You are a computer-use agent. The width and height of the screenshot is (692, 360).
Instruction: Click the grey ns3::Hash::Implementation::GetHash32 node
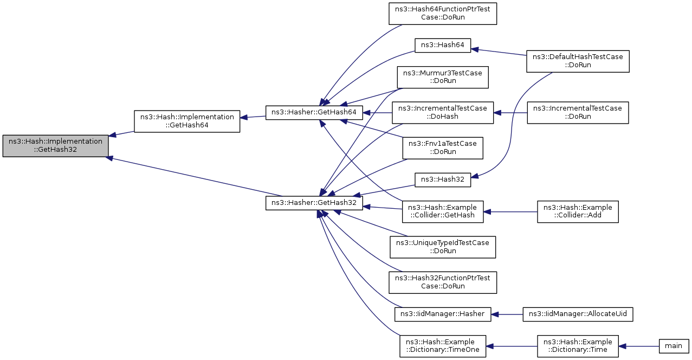click(56, 145)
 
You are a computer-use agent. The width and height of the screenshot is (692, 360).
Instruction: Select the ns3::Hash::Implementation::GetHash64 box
click(187, 121)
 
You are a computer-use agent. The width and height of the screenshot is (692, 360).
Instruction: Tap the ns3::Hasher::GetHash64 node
click(314, 112)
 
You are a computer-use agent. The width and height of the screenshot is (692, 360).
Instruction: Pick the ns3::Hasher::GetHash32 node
click(314, 203)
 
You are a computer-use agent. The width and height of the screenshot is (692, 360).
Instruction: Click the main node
click(674, 346)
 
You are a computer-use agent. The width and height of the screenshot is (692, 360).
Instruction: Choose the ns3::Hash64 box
click(442, 46)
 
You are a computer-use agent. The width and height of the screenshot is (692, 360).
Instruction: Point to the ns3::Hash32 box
click(442, 180)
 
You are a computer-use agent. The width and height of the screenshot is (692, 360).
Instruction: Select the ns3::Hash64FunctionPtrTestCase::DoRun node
click(443, 14)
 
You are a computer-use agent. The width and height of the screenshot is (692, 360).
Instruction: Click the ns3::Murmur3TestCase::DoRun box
click(443, 77)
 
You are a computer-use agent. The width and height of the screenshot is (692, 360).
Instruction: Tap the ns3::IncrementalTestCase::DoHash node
click(443, 113)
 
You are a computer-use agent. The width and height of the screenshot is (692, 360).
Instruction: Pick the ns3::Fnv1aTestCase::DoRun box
click(443, 148)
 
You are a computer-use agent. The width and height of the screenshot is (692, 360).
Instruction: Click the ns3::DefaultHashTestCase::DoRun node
click(578, 61)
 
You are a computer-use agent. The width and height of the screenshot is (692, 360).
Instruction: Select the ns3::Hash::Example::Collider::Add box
click(578, 211)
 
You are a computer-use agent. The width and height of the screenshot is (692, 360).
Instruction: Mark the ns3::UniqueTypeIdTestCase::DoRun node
click(443, 247)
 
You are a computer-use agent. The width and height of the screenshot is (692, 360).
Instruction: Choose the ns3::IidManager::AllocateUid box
click(578, 314)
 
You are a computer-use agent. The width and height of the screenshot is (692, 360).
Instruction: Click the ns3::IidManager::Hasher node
click(443, 314)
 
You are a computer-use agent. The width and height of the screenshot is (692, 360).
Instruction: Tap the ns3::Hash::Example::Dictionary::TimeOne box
click(443, 346)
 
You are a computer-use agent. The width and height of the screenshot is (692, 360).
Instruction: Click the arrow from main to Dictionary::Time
click(639, 346)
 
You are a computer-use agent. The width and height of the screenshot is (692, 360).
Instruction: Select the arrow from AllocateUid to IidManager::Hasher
click(507, 314)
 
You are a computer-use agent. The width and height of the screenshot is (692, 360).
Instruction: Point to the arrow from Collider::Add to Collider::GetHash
click(510, 212)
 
